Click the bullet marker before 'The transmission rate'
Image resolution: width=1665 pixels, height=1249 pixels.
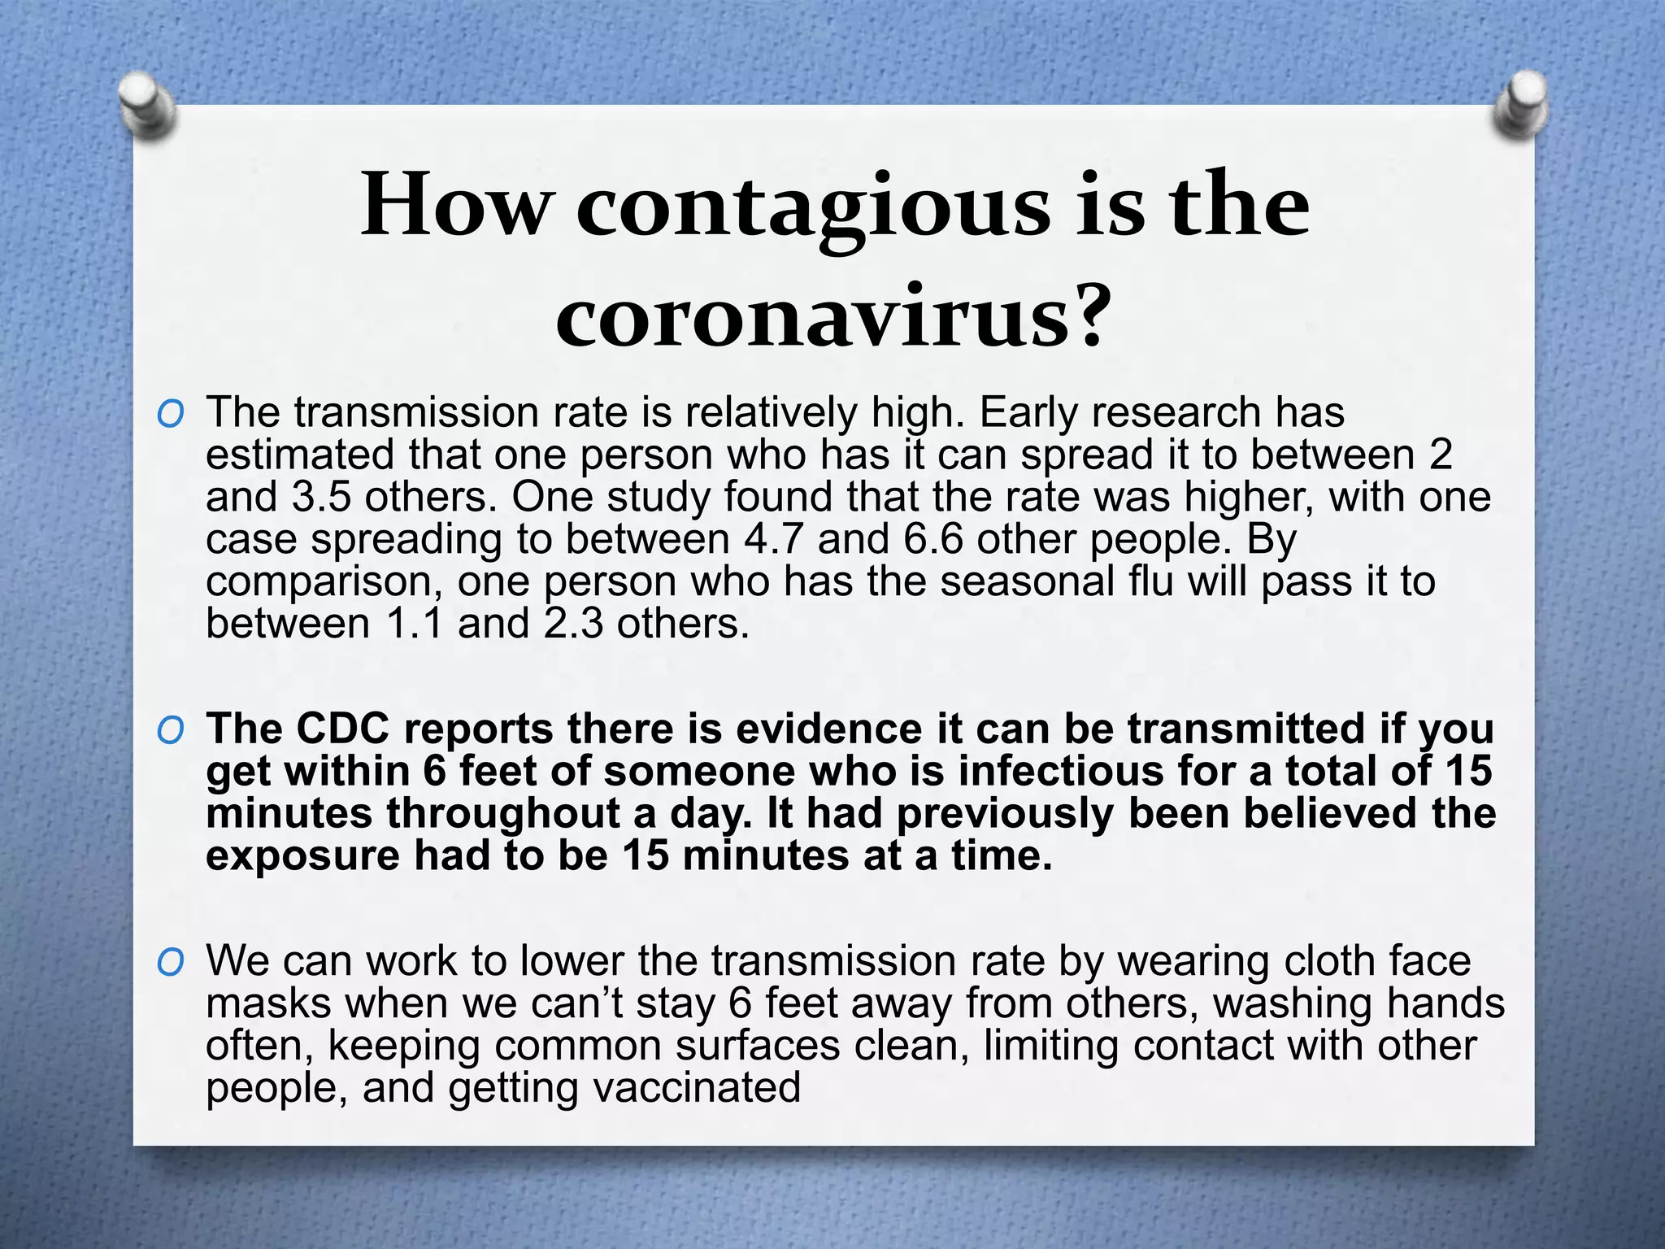(171, 416)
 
